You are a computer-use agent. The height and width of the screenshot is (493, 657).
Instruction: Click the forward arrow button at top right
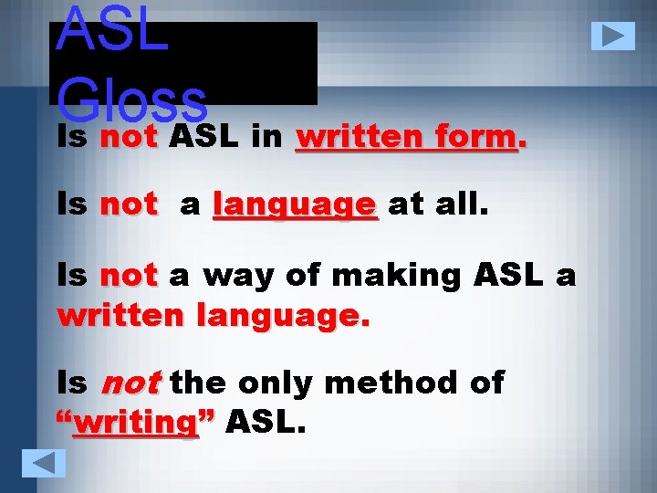[612, 36]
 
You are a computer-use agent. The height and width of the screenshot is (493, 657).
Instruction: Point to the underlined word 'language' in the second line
[294, 205]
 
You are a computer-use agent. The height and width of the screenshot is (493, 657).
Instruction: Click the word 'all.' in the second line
[464, 205]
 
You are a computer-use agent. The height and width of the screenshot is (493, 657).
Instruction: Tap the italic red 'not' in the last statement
[130, 383]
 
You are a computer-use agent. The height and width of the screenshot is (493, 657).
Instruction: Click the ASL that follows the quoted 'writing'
[266, 423]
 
